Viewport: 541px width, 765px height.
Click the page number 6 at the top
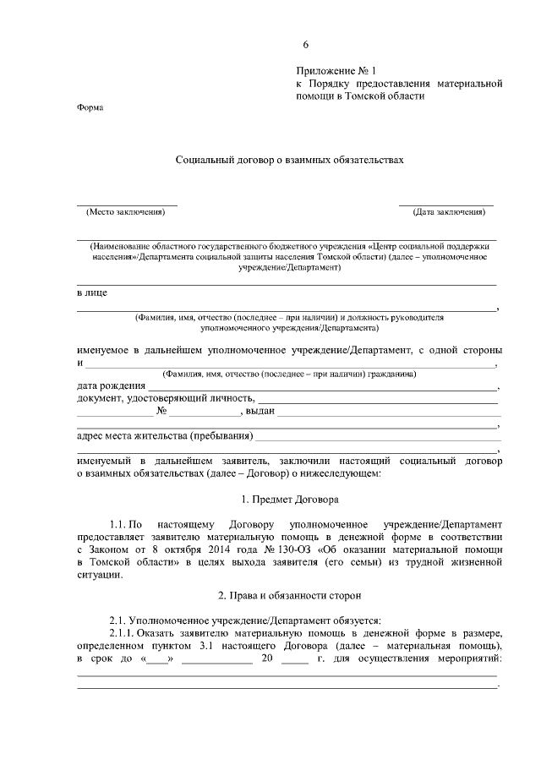coord(307,45)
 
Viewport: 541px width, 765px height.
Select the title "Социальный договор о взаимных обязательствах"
coord(285,159)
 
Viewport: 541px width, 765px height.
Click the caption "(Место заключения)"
coord(127,212)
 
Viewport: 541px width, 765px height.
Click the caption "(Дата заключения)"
coord(447,212)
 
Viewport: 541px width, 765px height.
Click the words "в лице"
coord(92,293)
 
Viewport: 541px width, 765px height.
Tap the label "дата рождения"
coord(111,386)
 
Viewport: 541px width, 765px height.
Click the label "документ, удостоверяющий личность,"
coord(165,399)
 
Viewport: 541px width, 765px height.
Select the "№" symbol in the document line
coord(161,413)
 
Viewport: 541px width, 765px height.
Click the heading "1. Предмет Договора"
coord(289,500)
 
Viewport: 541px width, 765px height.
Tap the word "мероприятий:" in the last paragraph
coord(466,658)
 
